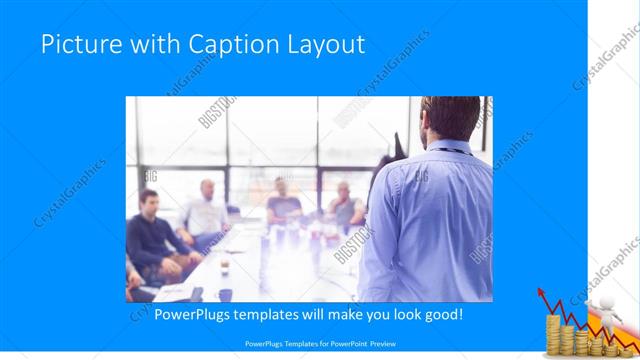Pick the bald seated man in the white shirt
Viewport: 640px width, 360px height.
[205, 210]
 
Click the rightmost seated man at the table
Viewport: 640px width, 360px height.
[344, 205]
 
